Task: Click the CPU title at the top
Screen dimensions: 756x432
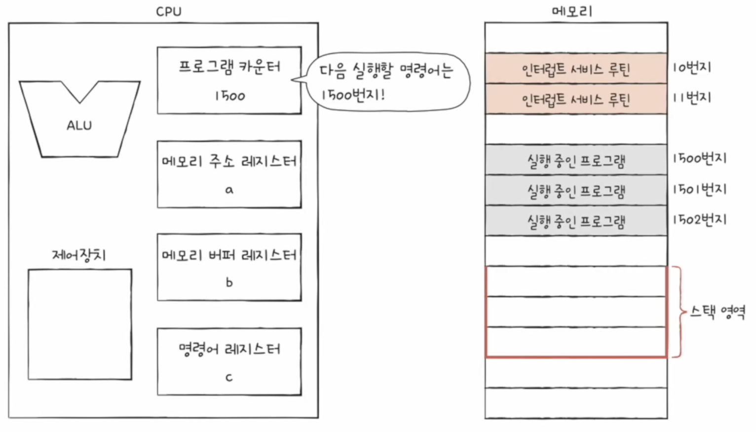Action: (168, 11)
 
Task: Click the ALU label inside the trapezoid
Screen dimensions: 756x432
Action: (79, 126)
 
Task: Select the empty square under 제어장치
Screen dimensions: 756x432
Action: (79, 324)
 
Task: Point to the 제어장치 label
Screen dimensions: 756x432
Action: (79, 255)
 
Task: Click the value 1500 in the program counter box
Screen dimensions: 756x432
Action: (229, 96)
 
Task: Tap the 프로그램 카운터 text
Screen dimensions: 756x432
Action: (229, 67)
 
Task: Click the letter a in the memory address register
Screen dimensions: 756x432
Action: (229, 190)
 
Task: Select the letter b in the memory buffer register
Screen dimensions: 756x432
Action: (229, 283)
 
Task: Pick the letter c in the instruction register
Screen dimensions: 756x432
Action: (229, 377)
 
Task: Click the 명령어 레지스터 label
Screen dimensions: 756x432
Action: (229, 349)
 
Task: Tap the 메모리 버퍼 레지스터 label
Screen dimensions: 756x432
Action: (229, 255)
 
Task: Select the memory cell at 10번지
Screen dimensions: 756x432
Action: (576, 69)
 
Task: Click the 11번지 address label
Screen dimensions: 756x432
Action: (692, 98)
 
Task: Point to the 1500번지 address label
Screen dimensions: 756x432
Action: (699, 158)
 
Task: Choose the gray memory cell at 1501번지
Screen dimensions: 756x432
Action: (576, 191)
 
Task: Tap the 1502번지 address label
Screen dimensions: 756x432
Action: (699, 219)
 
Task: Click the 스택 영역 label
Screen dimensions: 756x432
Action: (718, 312)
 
